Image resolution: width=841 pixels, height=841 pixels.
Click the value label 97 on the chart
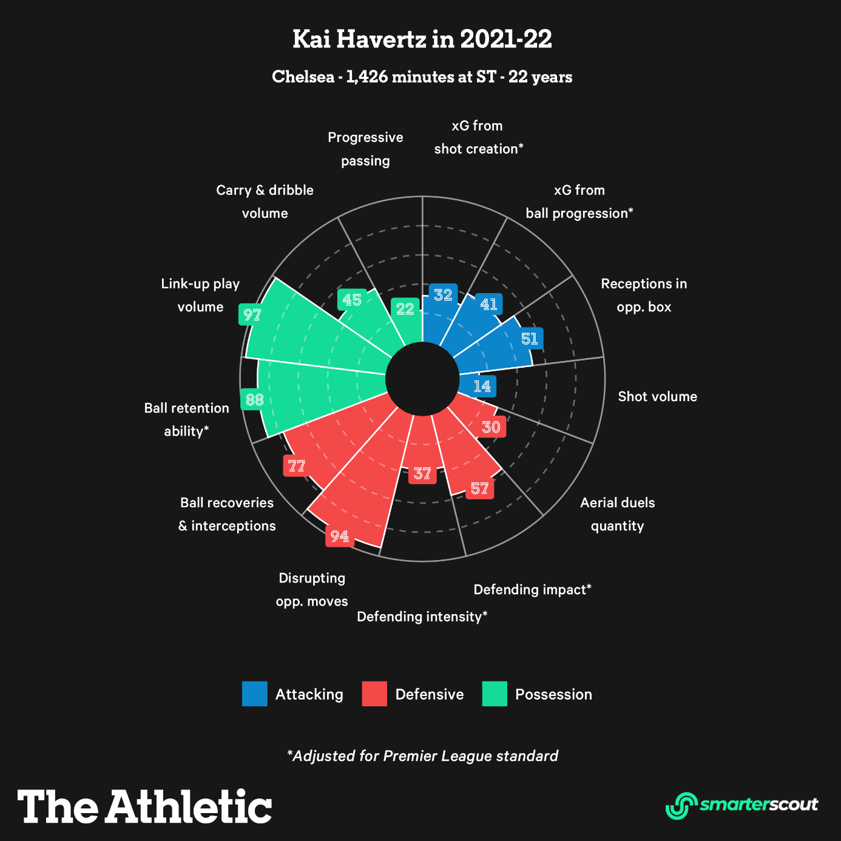251,314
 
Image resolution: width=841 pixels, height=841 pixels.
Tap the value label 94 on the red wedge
339,536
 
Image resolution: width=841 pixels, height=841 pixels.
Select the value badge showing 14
482,386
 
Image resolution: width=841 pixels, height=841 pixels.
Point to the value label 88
254,399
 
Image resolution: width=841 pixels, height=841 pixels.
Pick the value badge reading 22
405,309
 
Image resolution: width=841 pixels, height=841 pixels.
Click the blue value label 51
530,339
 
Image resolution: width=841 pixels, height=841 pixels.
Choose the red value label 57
479,488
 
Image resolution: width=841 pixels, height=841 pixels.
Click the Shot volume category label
657,396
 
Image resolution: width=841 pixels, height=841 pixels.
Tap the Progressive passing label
365,149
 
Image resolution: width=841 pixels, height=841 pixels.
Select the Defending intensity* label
422,616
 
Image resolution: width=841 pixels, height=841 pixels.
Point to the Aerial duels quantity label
617,514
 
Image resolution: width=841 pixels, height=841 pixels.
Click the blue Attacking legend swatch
254,694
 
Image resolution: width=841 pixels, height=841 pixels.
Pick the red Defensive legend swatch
374,694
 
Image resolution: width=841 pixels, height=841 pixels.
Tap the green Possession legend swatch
495,694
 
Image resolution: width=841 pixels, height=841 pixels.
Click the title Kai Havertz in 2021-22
422,39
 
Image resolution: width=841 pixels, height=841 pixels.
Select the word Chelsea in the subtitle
303,77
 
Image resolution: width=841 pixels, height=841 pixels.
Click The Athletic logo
144,806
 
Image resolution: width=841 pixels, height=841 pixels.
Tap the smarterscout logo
741,805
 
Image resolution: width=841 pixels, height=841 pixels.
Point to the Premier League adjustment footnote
422,755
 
